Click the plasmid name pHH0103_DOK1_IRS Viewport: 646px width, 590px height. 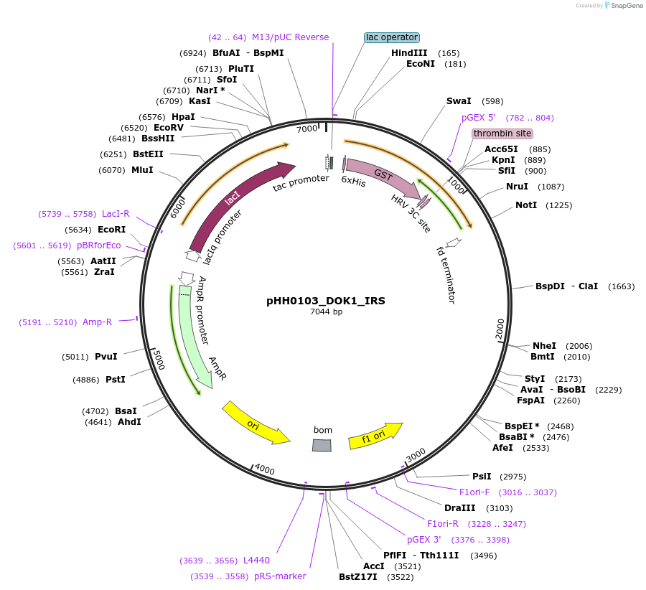tap(325, 301)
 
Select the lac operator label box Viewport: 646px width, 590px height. tap(391, 37)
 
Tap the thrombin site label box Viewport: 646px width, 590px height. tap(502, 134)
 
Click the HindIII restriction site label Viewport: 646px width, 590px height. tap(409, 53)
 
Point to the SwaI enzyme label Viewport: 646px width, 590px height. tap(459, 101)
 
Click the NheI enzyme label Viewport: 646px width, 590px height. tap(543, 345)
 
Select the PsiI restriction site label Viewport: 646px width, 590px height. tap(482, 476)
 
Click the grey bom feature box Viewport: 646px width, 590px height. tap(322, 445)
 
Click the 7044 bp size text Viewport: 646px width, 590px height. tap(325, 312)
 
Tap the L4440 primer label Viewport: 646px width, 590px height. tap(256, 560)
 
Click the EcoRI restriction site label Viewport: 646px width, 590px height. tap(111, 230)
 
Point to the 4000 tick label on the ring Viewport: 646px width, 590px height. tap(264, 469)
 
